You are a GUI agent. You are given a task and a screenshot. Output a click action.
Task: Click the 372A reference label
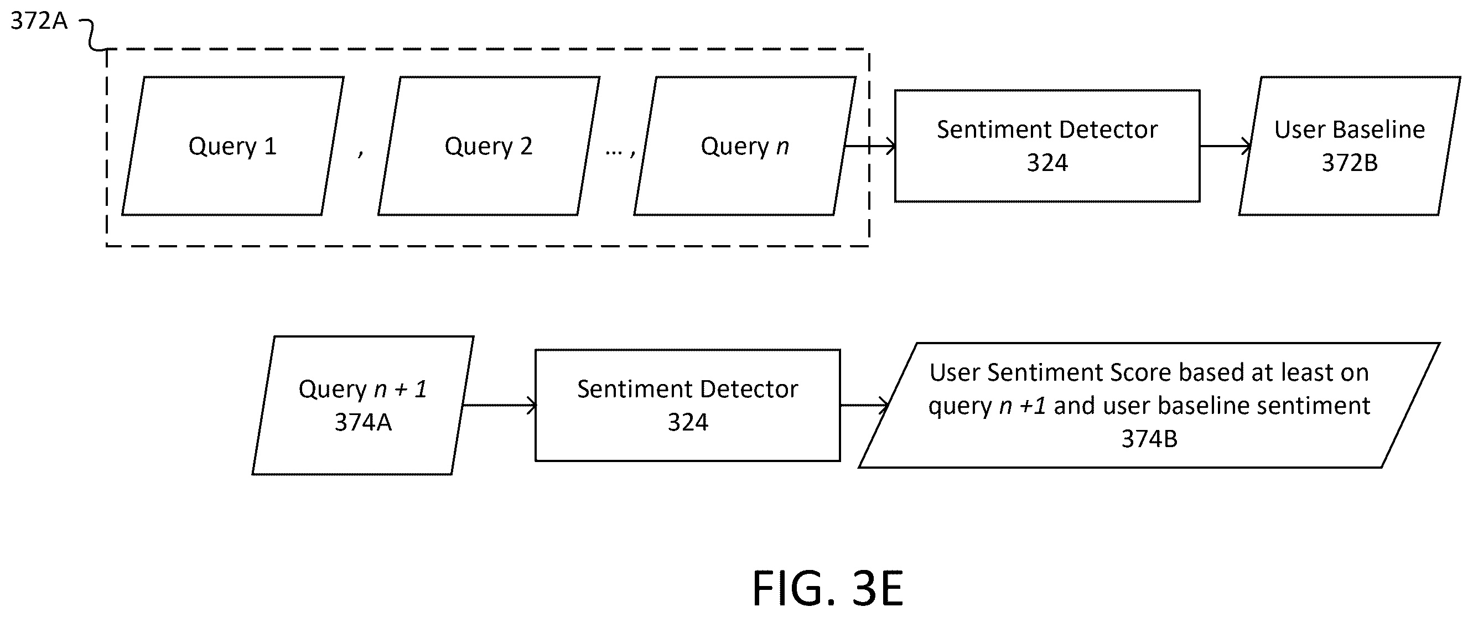coord(39,21)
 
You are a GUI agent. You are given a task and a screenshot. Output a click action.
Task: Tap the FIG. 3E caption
coord(828,588)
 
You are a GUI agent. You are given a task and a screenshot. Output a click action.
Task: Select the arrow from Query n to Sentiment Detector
coord(870,147)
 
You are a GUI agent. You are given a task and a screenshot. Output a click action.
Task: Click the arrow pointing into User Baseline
coord(1226,147)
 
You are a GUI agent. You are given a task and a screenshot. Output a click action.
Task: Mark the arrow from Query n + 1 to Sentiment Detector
coord(499,406)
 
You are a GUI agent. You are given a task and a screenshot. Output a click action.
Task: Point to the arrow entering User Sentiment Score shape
coord(864,406)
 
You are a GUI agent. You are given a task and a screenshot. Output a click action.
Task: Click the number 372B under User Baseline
coord(1350,163)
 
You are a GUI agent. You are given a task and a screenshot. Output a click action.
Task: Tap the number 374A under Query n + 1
coord(363,423)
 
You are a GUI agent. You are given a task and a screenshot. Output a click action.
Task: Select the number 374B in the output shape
coord(1149,439)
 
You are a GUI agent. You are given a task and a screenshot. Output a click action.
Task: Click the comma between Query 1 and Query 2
coord(361,153)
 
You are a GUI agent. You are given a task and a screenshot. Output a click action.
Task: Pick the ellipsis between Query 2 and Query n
coord(614,153)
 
